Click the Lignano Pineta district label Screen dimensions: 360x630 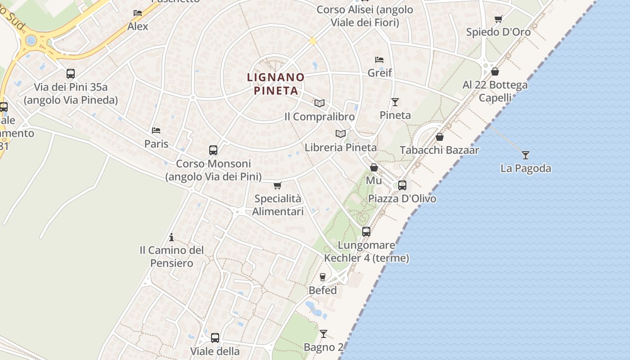click(276, 84)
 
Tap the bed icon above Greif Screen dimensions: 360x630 click(379, 60)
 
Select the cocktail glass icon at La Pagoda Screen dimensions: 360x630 click(525, 155)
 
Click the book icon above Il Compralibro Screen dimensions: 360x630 click(319, 103)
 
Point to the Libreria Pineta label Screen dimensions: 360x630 click(341, 147)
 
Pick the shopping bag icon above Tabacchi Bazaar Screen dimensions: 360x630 click(440, 137)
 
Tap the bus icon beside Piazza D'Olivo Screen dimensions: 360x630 click(402, 185)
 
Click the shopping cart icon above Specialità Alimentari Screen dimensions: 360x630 click(278, 185)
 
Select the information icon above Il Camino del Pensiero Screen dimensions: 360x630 click(171, 237)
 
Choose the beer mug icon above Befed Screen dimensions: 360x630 click(323, 277)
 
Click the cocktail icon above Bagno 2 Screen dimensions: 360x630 click(323, 334)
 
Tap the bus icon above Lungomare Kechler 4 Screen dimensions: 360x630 click(366, 232)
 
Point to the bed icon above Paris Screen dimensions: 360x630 click(156, 130)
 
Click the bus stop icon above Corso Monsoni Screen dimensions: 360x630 click(213, 150)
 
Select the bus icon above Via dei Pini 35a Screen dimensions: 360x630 click(71, 74)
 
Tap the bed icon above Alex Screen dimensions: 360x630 click(138, 13)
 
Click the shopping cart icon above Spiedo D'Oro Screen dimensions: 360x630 click(498, 19)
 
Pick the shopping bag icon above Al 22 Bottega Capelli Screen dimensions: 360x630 click(495, 72)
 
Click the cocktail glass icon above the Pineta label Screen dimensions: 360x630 click(395, 102)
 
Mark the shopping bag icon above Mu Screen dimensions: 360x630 click(373, 168)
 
